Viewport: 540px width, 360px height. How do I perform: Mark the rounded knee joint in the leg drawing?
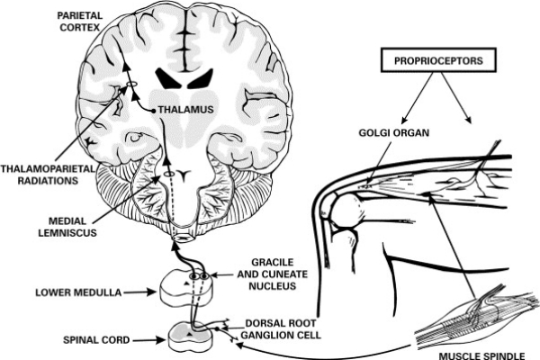coord(346,212)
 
